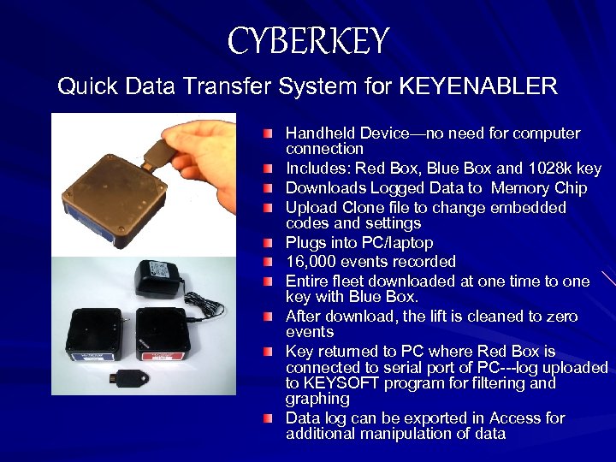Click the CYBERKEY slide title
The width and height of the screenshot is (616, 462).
[x=308, y=40]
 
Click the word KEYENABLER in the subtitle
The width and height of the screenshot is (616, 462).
[x=478, y=86]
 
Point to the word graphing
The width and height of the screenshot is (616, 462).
[x=317, y=399]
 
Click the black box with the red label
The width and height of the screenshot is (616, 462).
[x=163, y=334]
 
